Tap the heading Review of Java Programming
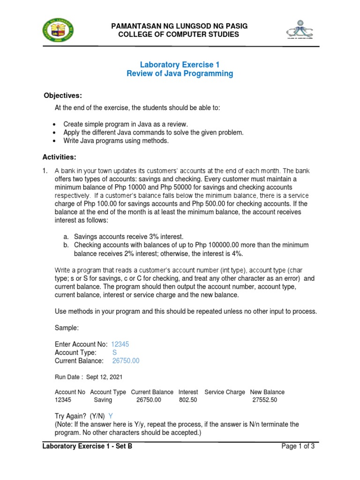click(x=180, y=74)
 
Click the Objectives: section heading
click(x=63, y=96)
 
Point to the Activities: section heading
click(x=60, y=157)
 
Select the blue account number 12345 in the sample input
click(x=120, y=344)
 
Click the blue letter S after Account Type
click(x=114, y=352)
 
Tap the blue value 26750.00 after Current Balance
click(x=126, y=361)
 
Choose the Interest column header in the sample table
click(x=188, y=392)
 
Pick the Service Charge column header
click(x=225, y=392)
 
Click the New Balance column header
click(x=267, y=392)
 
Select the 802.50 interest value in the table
click(x=188, y=400)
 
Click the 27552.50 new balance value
click(x=265, y=400)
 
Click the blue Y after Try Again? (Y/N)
click(x=111, y=416)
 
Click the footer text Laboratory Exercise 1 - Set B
click(x=87, y=447)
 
